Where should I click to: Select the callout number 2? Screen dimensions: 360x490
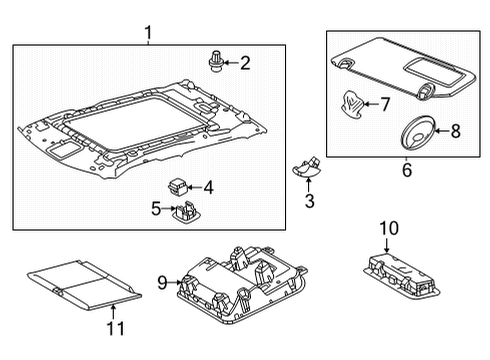click(245, 63)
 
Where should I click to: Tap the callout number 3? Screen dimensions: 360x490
click(309, 202)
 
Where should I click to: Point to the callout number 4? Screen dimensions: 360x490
click(208, 187)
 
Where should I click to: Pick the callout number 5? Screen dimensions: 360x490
click(156, 208)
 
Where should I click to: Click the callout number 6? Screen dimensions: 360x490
click(406, 171)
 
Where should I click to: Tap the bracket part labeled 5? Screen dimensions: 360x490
click(186, 209)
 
